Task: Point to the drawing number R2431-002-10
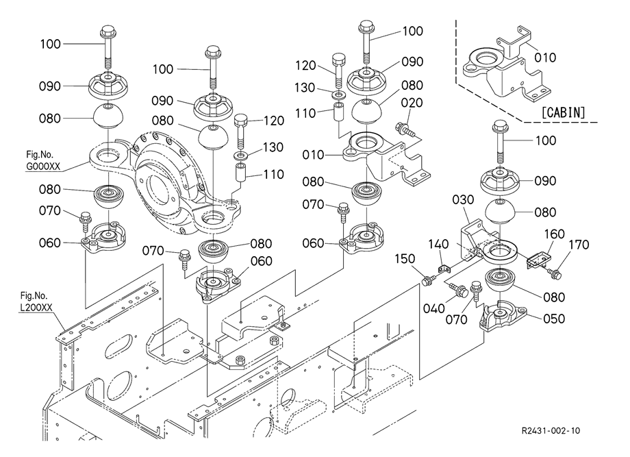click(x=550, y=431)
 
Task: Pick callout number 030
click(x=462, y=199)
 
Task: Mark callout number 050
click(x=554, y=319)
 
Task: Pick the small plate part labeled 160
click(x=538, y=258)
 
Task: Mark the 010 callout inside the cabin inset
click(x=545, y=57)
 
